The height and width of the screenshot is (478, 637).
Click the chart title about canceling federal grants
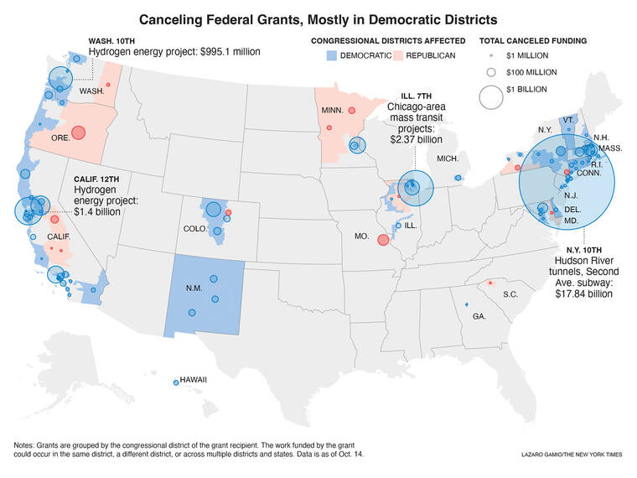[318, 18]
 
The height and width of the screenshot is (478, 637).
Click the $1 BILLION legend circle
[490, 97]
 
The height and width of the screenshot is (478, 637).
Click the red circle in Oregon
[79, 132]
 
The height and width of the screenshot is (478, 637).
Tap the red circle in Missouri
[383, 240]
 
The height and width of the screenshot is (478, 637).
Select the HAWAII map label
[192, 380]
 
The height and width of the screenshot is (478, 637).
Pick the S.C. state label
[510, 295]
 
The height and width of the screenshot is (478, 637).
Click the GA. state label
[479, 315]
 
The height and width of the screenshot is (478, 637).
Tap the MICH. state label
[447, 158]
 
